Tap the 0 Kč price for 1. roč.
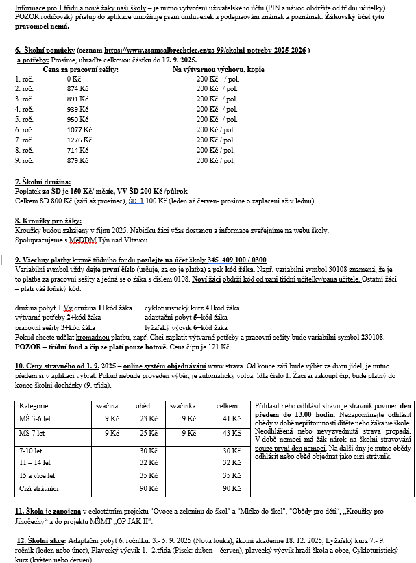tap(73, 79)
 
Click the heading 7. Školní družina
tap(43, 182)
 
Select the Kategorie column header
tap(34, 406)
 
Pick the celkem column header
tap(227, 406)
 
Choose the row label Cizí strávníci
tap(39, 488)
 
